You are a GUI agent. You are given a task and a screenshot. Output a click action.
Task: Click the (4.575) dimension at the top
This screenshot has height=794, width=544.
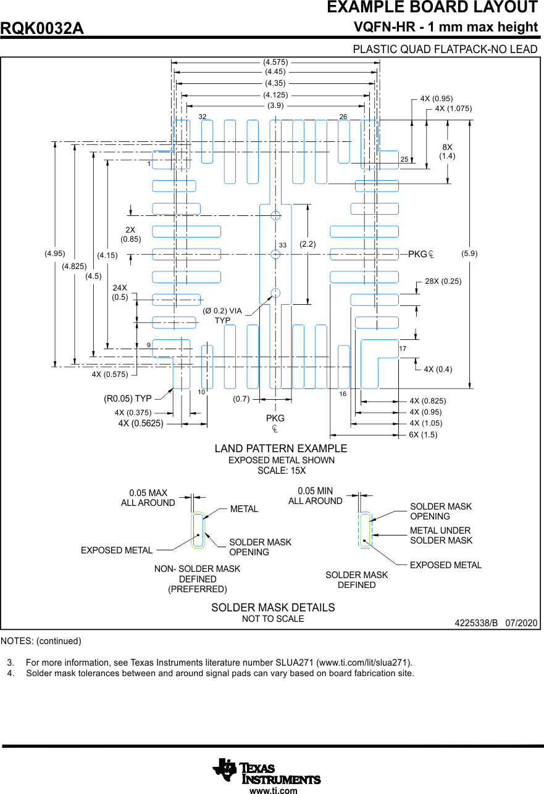click(275, 62)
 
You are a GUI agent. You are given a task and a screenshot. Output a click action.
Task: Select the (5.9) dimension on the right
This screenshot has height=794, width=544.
click(469, 254)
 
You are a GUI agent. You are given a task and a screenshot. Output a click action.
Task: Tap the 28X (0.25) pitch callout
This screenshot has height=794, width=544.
click(443, 281)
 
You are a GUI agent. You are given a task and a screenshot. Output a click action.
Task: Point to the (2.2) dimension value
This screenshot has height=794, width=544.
click(308, 244)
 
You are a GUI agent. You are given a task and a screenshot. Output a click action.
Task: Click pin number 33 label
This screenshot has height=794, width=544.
click(283, 246)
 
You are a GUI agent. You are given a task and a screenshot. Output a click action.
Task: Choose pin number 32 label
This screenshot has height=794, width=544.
click(203, 117)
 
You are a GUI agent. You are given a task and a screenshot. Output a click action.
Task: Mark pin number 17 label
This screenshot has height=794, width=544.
click(403, 349)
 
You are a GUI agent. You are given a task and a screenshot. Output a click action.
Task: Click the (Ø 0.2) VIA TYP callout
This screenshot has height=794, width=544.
click(222, 315)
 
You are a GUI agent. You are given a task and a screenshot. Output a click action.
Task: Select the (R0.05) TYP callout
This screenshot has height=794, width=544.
click(128, 399)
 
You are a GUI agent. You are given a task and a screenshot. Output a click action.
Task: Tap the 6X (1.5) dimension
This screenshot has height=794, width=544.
click(423, 434)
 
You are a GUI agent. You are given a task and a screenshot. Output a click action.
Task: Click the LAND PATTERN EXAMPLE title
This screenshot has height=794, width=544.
click(281, 449)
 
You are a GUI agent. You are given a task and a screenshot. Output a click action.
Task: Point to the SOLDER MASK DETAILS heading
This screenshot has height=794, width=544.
click(273, 608)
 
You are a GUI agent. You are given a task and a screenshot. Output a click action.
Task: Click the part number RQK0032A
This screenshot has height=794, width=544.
click(42, 29)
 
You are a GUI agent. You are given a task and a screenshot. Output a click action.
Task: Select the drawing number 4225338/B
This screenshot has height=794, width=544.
click(476, 623)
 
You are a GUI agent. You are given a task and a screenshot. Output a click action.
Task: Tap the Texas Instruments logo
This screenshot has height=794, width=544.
click(266, 771)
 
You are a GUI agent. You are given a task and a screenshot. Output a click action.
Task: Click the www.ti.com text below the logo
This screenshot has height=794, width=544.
click(273, 790)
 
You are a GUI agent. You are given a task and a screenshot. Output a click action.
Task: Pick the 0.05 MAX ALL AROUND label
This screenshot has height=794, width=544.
click(148, 498)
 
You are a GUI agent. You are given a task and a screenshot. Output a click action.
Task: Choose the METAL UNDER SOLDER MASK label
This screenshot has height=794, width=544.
click(441, 536)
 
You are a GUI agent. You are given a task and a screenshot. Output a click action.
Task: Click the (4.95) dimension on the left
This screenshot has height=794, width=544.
click(54, 254)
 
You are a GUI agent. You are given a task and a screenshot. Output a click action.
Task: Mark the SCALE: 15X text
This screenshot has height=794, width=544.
click(282, 471)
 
